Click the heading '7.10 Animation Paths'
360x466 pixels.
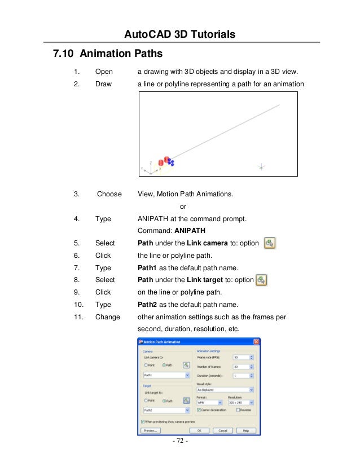107,54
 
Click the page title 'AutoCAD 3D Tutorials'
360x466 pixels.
179,35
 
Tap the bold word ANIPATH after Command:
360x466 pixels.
190,231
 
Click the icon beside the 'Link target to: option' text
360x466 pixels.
261,280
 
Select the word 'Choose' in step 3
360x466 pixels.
109,194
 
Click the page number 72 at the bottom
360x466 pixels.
180,456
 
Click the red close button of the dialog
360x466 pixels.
256,342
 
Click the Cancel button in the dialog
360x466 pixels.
223,430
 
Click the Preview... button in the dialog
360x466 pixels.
149,430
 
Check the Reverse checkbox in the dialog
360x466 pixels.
239,410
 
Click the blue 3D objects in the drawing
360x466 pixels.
170,162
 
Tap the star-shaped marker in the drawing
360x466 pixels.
261,167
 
